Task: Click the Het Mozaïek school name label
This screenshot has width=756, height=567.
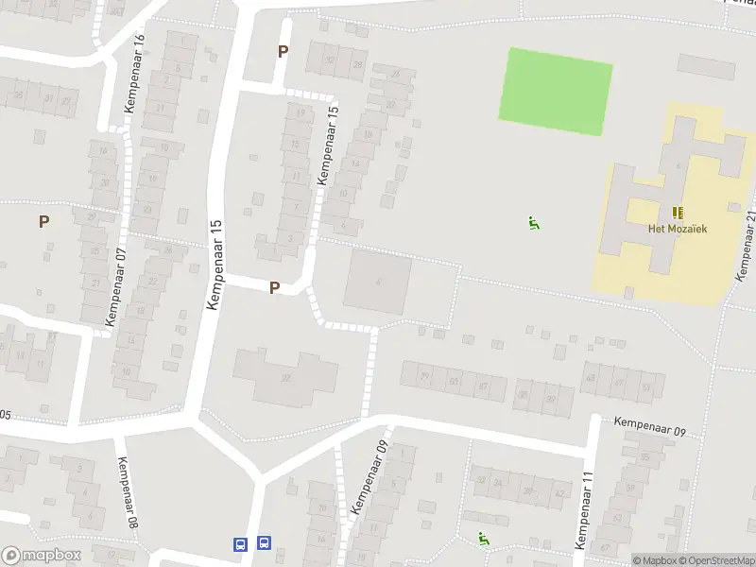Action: click(677, 228)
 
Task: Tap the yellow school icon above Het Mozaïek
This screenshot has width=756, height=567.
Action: click(677, 213)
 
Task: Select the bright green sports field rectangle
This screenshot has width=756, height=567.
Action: click(555, 91)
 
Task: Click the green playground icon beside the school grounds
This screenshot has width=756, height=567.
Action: click(534, 224)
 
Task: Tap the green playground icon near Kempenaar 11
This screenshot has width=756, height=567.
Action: click(484, 540)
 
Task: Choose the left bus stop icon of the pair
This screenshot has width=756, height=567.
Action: click(241, 543)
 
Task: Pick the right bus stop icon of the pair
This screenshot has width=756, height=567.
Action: click(264, 543)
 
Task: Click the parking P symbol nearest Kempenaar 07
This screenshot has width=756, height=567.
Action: click(43, 221)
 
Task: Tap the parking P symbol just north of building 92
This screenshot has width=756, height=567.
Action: click(274, 287)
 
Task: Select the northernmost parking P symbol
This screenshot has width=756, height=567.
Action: click(282, 51)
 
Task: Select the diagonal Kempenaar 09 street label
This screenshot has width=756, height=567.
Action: click(369, 476)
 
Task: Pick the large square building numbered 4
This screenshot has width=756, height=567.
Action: click(377, 281)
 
